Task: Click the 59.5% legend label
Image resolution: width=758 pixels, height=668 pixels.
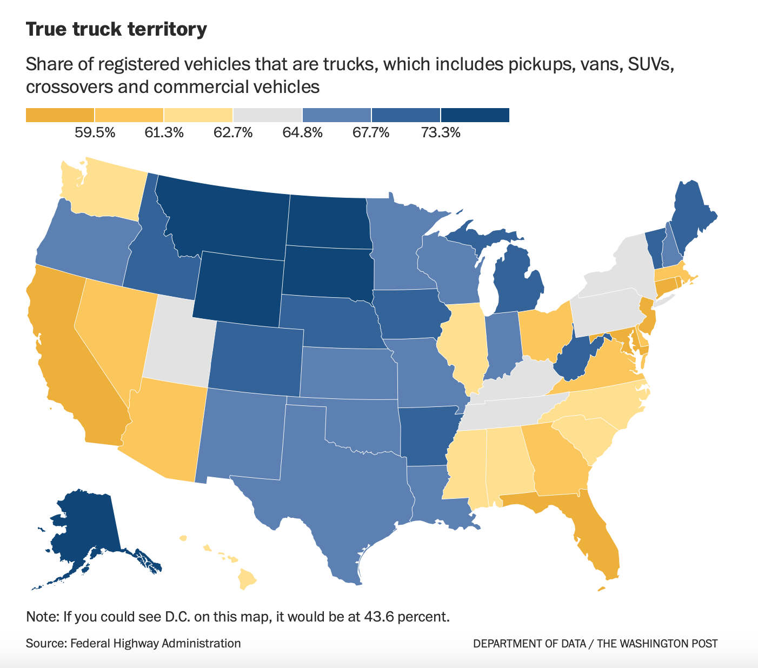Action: click(x=95, y=132)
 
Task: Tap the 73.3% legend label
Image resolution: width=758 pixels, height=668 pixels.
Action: click(x=441, y=132)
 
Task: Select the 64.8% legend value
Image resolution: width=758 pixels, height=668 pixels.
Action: click(x=302, y=132)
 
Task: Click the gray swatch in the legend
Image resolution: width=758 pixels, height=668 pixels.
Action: click(x=268, y=115)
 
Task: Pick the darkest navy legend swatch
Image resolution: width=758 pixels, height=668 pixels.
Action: click(x=475, y=115)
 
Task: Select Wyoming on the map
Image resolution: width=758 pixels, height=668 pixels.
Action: click(x=238, y=289)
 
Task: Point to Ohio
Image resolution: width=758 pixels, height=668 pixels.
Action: click(x=543, y=332)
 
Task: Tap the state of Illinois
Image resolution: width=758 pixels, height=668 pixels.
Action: click(x=462, y=346)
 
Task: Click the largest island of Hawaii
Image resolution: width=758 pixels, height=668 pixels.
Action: click(x=247, y=580)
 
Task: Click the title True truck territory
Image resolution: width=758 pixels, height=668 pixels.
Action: click(x=116, y=29)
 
